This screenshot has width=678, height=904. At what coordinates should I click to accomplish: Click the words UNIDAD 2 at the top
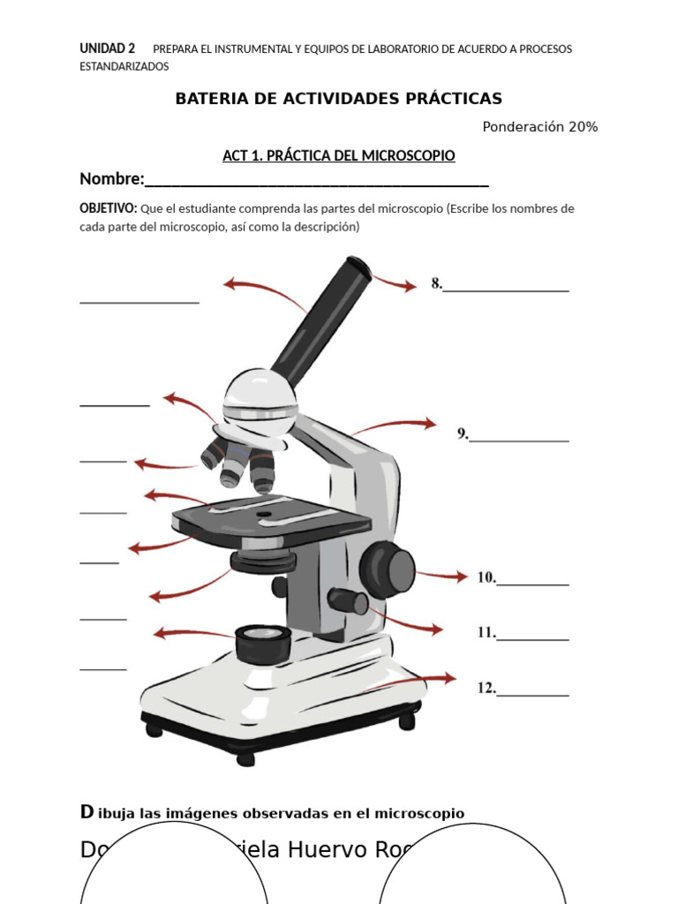point(107,49)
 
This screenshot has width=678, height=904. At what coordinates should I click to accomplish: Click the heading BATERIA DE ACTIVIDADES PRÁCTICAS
point(338,98)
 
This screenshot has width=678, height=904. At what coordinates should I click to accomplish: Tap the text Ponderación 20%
point(539,127)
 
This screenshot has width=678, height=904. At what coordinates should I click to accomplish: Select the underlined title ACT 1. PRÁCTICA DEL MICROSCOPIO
point(338,156)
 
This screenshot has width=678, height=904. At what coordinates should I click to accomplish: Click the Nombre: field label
point(112,179)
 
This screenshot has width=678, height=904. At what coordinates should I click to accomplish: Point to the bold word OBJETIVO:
point(108,208)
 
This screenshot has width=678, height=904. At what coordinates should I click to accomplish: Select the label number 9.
point(462,433)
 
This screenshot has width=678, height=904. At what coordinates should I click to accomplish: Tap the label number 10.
point(486,577)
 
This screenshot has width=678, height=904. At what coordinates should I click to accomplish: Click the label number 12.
point(486,687)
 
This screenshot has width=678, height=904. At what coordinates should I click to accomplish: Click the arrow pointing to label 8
point(394,282)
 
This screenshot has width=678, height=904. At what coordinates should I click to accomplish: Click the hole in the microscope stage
point(263,512)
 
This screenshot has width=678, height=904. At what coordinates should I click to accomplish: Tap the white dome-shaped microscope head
point(259,397)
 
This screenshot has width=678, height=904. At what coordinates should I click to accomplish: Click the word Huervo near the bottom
point(328,849)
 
